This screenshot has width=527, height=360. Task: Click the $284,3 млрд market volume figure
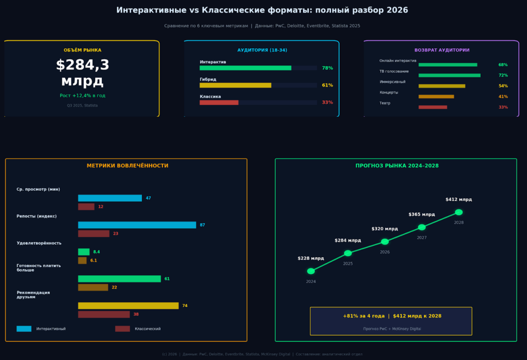click(82, 73)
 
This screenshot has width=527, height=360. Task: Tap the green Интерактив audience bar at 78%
click(245, 68)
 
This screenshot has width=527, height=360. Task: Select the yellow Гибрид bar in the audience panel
click(235, 85)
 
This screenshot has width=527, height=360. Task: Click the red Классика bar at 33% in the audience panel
click(219, 102)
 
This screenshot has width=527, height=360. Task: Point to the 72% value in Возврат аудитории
click(503, 76)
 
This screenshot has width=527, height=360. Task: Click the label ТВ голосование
click(394, 71)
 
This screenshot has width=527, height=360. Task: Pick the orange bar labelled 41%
click(436, 97)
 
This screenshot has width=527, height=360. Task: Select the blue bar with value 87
click(137, 225)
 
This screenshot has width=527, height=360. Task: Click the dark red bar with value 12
click(86, 207)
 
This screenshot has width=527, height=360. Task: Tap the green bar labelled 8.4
click(83, 252)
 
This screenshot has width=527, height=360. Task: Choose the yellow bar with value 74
click(128, 305)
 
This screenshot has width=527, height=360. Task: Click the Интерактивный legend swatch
click(24, 329)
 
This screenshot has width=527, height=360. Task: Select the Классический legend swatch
click(122, 329)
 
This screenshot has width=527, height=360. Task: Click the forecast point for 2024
click(311, 271)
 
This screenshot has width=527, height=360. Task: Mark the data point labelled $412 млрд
click(459, 212)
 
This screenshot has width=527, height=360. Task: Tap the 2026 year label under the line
click(384, 252)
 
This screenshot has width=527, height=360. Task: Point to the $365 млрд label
click(421, 214)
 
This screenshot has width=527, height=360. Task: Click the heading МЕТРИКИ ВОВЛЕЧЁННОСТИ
click(127, 166)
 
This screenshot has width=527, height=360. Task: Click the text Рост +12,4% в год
click(82, 96)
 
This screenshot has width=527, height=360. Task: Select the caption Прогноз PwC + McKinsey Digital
click(392, 328)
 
